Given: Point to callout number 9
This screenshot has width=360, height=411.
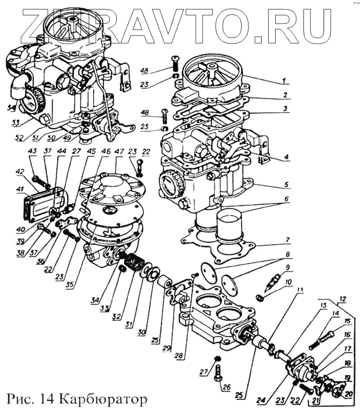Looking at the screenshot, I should point(288,267).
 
